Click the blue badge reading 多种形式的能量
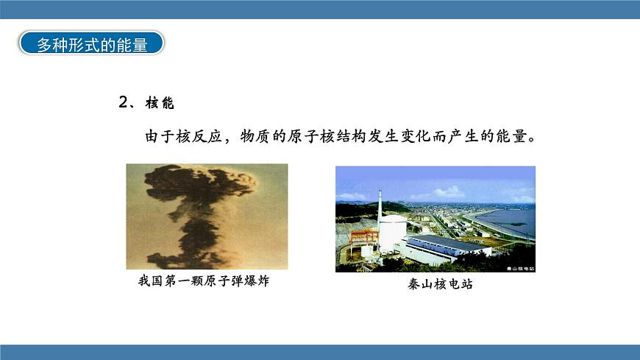pyautogui.click(x=91, y=43)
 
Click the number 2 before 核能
pyautogui.click(x=124, y=102)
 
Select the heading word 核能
pyautogui.click(x=160, y=102)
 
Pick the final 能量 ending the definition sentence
pyautogui.click(x=511, y=136)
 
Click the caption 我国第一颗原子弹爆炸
pyautogui.click(x=204, y=280)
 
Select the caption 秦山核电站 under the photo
pyautogui.click(x=440, y=283)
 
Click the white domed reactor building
pyautogui.click(x=393, y=232)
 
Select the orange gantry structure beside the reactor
pyautogui.click(x=364, y=237)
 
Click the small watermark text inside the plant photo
pyautogui.click(x=520, y=269)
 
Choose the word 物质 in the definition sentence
pyautogui.click(x=255, y=136)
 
